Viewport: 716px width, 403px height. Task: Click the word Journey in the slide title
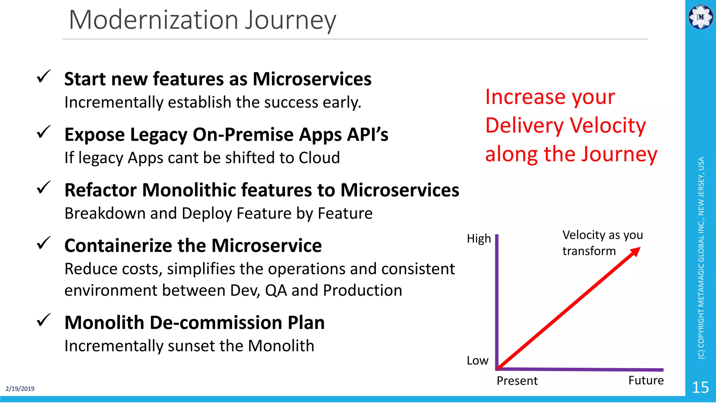(290, 20)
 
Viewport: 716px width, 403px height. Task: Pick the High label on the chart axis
(479, 239)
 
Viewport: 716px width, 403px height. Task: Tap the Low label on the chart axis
(477, 360)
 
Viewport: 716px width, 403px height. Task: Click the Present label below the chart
(517, 381)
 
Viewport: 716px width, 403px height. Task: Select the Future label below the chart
(646, 380)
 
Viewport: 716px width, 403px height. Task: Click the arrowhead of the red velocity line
(636, 252)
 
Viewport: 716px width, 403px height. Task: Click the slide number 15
(700, 388)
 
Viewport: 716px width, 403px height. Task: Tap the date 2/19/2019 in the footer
(20, 389)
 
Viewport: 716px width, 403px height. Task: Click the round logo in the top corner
(700, 17)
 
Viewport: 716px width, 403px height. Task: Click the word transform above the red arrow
(589, 251)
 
